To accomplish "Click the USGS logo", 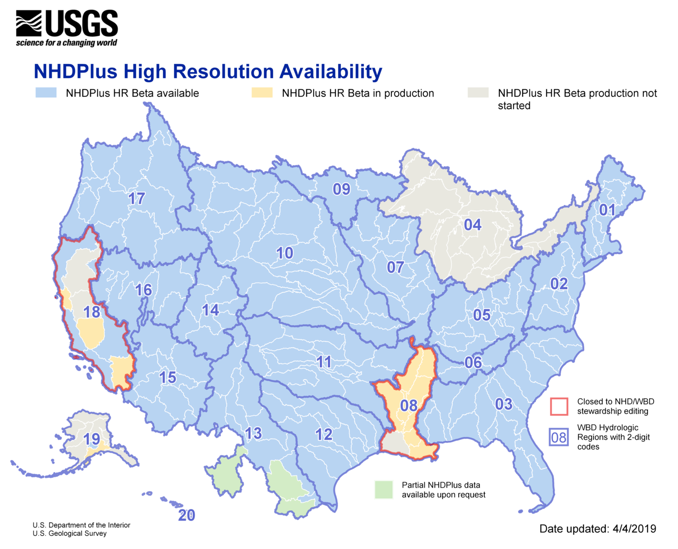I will tap(66, 28).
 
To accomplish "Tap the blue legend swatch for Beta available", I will tap(46, 93).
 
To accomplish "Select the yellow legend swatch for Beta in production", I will tap(262, 93).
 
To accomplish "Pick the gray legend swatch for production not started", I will tap(478, 93).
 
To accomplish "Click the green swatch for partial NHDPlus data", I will tap(384, 490).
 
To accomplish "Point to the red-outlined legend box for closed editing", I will tap(559, 406).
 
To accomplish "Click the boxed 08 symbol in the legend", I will tap(559, 437).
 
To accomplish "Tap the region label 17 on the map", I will tap(137, 198).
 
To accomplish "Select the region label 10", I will tap(284, 253).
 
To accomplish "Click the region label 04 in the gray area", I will tap(472, 224).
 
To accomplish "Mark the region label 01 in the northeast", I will tap(607, 210).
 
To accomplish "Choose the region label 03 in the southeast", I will tap(503, 404).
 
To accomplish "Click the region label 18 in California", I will tap(92, 312).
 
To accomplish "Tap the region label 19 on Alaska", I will tap(92, 439).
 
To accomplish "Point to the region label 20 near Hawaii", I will tap(187, 515).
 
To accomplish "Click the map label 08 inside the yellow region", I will tap(409, 405).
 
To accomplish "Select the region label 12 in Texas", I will tap(324, 434).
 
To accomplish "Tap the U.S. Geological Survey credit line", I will tap(70, 533).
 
